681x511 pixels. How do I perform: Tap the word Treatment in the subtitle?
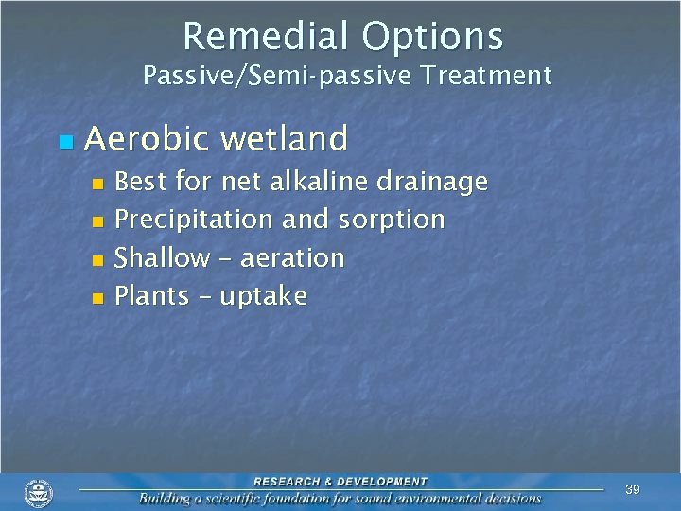point(494,76)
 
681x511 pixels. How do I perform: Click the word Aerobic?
point(144,139)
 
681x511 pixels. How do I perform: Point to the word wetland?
point(285,139)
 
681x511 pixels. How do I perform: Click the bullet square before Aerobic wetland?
point(64,142)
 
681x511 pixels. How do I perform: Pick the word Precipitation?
point(193,220)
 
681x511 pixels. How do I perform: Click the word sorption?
point(389,220)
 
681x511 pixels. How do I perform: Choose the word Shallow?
point(162,257)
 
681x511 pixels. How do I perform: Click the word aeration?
point(291,258)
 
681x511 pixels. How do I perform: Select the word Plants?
point(151,296)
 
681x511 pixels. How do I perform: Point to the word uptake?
point(264,297)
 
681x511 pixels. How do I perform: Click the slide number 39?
point(633,489)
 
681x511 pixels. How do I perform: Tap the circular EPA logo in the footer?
point(39,492)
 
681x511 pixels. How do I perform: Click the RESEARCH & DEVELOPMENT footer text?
point(340,482)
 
